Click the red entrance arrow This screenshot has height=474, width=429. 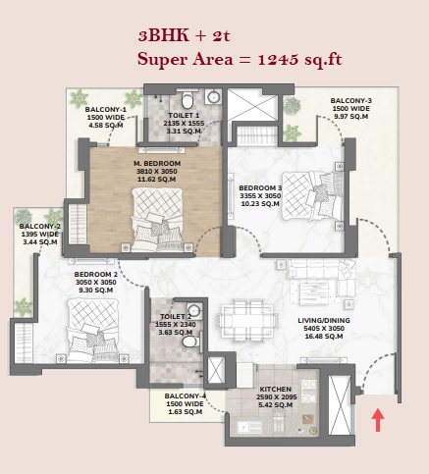tap(378, 420)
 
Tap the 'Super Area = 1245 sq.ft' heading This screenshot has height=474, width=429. tap(240, 60)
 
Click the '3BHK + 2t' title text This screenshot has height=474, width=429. tap(185, 35)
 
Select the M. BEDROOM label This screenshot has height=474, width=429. tap(157, 163)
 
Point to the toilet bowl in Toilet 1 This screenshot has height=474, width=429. tap(188, 100)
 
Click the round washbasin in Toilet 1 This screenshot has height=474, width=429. tap(214, 97)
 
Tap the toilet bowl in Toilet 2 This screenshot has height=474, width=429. tap(190, 342)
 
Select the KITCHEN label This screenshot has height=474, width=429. tap(276, 389)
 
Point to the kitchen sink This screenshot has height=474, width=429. tap(249, 427)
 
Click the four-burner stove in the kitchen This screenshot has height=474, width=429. tap(309, 390)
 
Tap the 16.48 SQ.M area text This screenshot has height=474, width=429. tap(324, 337)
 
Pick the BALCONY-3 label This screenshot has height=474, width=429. tap(351, 101)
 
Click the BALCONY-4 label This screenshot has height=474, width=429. tap(186, 396)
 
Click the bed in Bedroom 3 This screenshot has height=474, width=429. tap(313, 195)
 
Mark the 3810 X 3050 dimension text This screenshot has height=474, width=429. tap(157, 172)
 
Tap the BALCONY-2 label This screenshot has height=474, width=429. tap(40, 227)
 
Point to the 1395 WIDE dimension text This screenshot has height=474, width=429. tap(40, 235)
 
